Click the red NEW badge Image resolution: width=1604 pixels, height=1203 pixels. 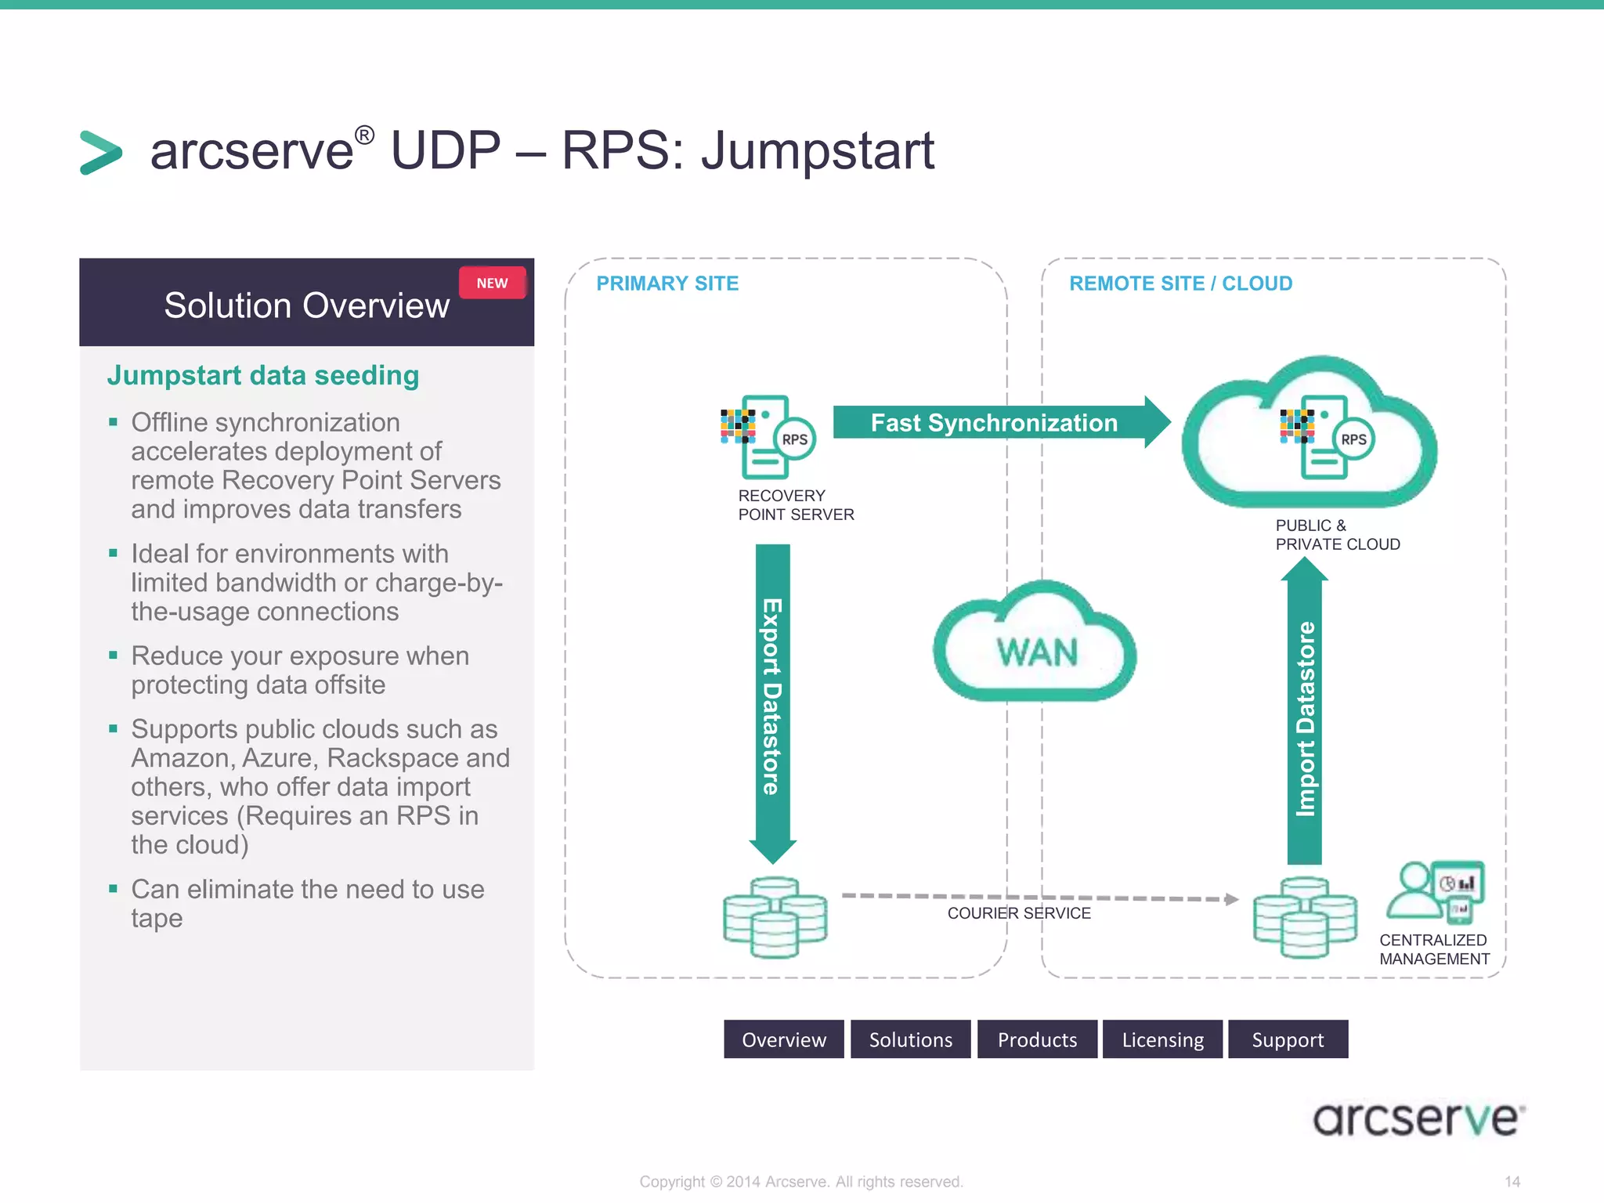pyautogui.click(x=492, y=283)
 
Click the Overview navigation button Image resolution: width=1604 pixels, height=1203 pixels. pyautogui.click(x=783, y=1039)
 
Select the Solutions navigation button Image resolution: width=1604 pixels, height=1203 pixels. pyautogui.click(x=910, y=1039)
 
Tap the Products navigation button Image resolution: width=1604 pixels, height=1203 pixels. pyautogui.click(x=1037, y=1039)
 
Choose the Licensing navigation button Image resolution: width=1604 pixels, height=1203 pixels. pyautogui.click(x=1162, y=1039)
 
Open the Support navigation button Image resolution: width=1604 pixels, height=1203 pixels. pyautogui.click(x=1288, y=1039)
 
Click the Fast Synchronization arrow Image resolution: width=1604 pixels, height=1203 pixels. pyautogui.click(x=995, y=423)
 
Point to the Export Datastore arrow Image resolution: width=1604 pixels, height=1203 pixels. pyautogui.click(x=772, y=697)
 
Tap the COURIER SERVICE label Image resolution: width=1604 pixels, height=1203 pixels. pyautogui.click(x=1018, y=913)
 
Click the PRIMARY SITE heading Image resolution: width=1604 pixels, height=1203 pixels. pyautogui.click(x=667, y=284)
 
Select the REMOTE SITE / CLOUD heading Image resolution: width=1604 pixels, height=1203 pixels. pyautogui.click(x=1180, y=284)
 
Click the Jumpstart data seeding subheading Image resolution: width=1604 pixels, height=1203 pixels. pyautogui.click(x=263, y=375)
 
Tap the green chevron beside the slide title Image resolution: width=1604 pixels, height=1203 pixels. pyautogui.click(x=101, y=152)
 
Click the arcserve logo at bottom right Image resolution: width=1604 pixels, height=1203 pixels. pyautogui.click(x=1418, y=1118)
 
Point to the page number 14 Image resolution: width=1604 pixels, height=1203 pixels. pyautogui.click(x=1512, y=1181)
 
